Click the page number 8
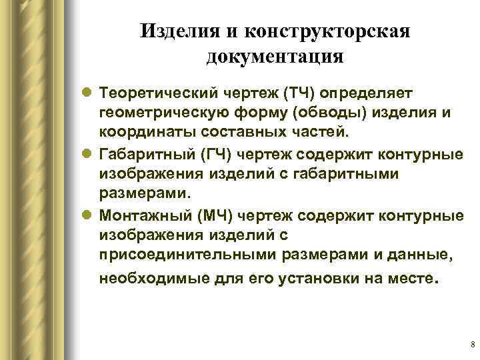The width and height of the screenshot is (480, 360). (x=472, y=345)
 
